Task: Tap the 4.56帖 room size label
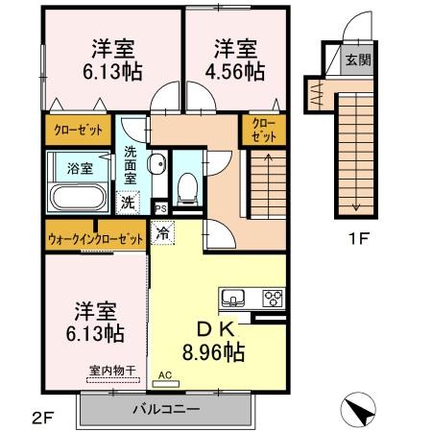point(235,70)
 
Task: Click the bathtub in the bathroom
point(79,199)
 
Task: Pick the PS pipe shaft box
point(160,207)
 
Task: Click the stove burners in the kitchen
point(274,296)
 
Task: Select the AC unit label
point(164,375)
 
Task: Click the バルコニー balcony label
point(165,410)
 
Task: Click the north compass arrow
point(357,412)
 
